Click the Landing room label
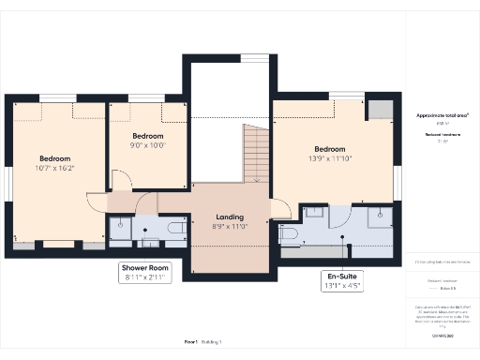(x=229, y=217)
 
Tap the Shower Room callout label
(x=145, y=268)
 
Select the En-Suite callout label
(x=342, y=277)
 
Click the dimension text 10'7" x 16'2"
(x=54, y=169)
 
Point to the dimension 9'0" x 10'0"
(x=146, y=145)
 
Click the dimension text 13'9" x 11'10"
(x=329, y=159)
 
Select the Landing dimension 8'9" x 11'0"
(x=229, y=227)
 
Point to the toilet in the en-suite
(x=288, y=232)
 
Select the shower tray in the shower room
(x=122, y=229)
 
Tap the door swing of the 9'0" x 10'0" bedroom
(x=122, y=181)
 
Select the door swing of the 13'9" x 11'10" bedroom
(x=280, y=208)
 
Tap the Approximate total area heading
(x=442, y=114)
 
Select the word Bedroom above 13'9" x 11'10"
(x=329, y=149)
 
